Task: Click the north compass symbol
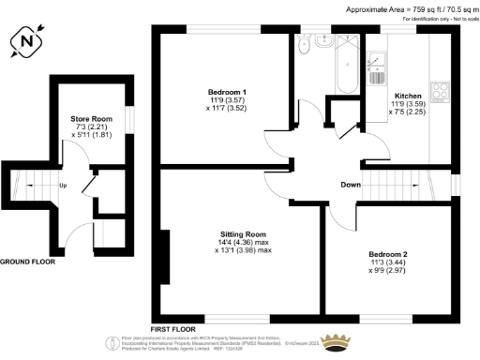[x=27, y=43]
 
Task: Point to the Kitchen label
[x=407, y=97]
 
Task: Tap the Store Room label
[x=91, y=119]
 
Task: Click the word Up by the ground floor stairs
[x=63, y=186]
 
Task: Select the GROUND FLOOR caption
[x=27, y=262]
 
